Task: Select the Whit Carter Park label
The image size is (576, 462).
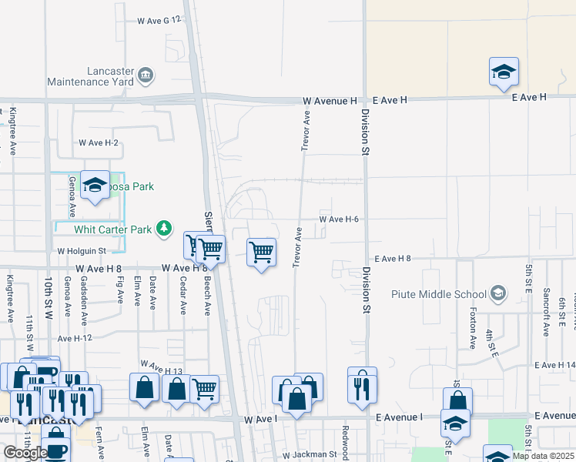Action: (113, 229)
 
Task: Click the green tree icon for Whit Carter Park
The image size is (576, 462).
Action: (163, 229)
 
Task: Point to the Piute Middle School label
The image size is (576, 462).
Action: (438, 294)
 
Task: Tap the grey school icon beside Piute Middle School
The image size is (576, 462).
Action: (498, 293)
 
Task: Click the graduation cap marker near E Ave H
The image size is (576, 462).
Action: (504, 73)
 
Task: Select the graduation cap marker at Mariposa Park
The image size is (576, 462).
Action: (95, 186)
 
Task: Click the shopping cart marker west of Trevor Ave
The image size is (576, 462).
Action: (262, 252)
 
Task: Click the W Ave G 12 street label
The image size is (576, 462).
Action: (159, 19)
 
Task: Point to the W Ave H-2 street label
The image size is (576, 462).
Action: (99, 143)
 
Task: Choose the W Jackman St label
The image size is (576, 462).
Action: (310, 455)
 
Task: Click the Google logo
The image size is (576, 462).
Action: (25, 453)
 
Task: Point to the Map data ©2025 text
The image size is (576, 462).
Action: (542, 456)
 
